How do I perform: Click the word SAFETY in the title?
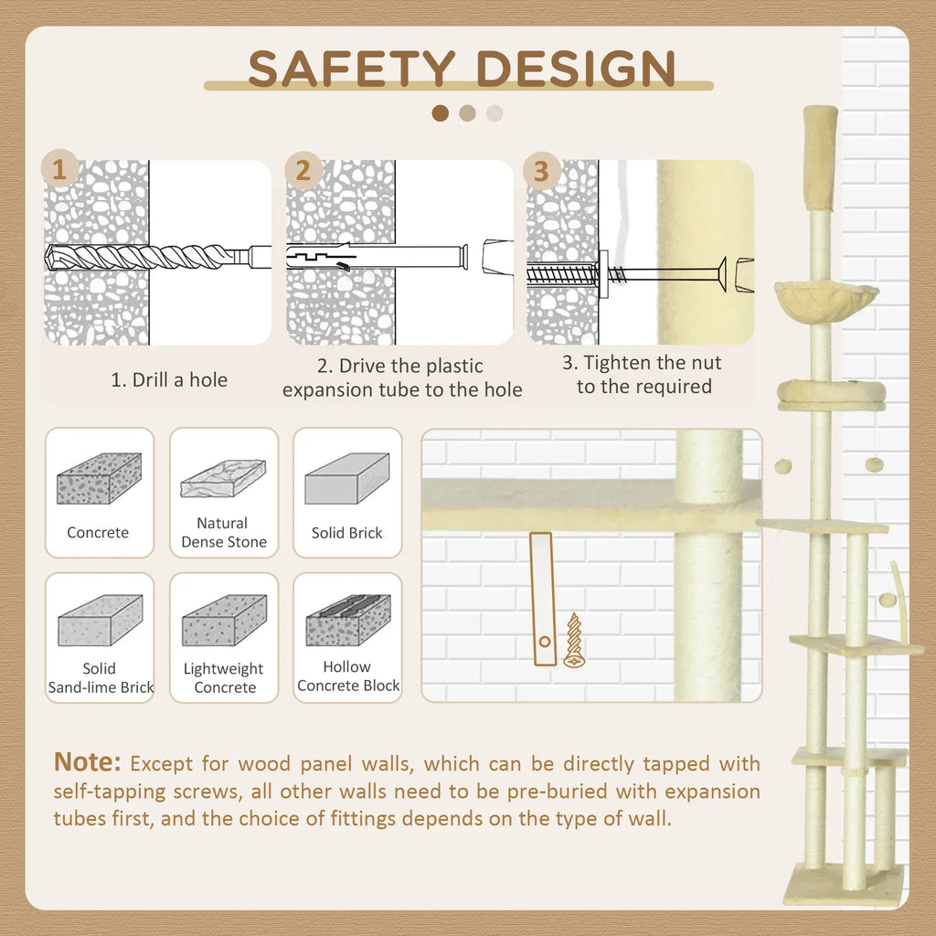tap(351, 69)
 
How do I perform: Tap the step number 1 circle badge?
tap(60, 170)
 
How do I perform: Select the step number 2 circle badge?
tap(303, 171)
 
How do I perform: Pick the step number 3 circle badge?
tap(541, 171)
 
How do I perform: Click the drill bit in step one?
tap(146, 256)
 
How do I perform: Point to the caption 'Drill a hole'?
tap(169, 379)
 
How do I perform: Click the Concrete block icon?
tap(99, 478)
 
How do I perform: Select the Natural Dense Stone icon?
tap(223, 478)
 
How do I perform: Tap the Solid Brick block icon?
tap(346, 478)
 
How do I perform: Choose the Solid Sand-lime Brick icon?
tap(100, 621)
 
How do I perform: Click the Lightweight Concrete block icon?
tap(224, 621)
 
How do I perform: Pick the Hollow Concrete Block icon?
tap(347, 620)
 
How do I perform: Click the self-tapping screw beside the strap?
tap(573, 640)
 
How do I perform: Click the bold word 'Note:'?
tap(88, 761)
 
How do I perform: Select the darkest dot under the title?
tap(441, 113)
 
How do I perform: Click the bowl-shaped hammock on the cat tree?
tap(825, 298)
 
